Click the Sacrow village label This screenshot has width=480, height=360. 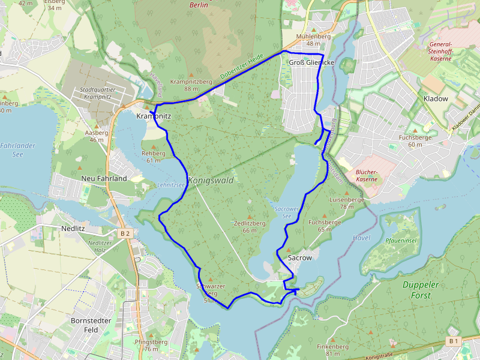[x=300, y=257]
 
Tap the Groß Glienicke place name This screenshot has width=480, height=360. [x=311, y=62]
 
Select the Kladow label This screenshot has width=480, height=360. [x=436, y=98]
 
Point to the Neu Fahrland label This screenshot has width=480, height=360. [x=104, y=179]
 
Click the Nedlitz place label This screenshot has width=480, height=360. [x=74, y=229]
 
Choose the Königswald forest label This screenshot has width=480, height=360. [x=211, y=180]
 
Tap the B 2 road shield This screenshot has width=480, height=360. [x=125, y=233]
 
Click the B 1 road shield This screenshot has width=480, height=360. [x=453, y=341]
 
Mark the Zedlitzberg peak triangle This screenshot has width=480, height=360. [x=250, y=217]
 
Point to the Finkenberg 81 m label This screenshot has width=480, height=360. [x=332, y=350]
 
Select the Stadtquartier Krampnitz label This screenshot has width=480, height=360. [x=97, y=93]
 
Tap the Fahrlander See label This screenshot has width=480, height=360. [x=17, y=150]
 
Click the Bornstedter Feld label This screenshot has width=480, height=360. [x=91, y=325]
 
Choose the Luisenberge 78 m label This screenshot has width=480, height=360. [x=347, y=203]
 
